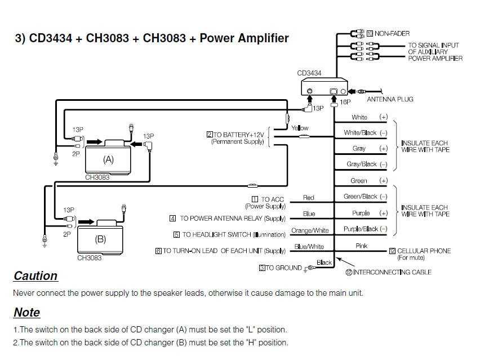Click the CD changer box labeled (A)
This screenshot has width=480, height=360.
click(108, 159)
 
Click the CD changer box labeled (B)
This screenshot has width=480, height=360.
click(100, 239)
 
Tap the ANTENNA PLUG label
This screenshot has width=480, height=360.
click(390, 99)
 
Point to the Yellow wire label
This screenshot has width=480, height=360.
click(300, 128)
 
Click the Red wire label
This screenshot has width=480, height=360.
click(309, 198)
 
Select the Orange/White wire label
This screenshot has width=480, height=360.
click(309, 230)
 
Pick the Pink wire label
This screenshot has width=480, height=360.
click(361, 246)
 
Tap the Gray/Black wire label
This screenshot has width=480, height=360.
click(362, 165)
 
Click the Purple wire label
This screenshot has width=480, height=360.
click(361, 214)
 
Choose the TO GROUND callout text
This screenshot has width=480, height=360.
click(283, 268)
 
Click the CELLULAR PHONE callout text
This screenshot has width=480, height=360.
click(423, 251)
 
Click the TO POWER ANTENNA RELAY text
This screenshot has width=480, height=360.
click(232, 218)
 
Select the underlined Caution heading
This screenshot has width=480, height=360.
click(35, 276)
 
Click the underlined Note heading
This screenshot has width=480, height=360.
click(26, 313)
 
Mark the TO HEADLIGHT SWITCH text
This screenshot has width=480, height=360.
click(233, 234)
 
